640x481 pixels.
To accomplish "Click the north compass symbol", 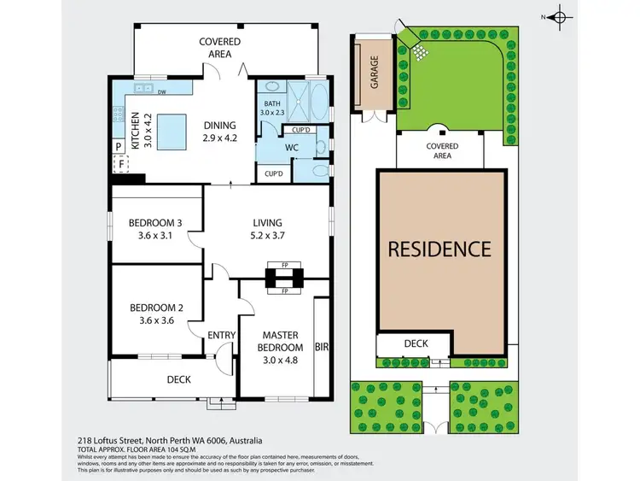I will click(x=559, y=16).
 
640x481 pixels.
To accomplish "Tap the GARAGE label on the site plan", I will click(x=373, y=73).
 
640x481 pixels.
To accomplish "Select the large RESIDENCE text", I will click(x=439, y=249).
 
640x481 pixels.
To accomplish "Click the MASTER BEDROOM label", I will click(x=282, y=341).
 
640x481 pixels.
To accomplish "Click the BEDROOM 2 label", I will click(x=156, y=308).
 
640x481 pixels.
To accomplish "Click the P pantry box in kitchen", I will click(x=119, y=146).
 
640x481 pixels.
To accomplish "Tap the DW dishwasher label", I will click(x=160, y=91).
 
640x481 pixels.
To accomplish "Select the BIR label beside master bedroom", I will click(x=322, y=348).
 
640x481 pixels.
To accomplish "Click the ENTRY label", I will click(x=221, y=335).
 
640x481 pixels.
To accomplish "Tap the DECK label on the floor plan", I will click(x=178, y=379).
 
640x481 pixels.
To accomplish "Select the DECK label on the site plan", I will click(x=415, y=343).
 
